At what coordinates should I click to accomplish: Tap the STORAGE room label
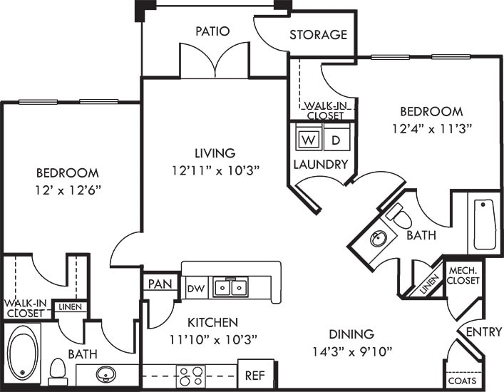(x=318, y=34)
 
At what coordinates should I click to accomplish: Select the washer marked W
(x=309, y=140)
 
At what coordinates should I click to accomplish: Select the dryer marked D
(x=336, y=140)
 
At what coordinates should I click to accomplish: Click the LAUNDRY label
(x=320, y=165)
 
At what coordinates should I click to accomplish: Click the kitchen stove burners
(x=190, y=376)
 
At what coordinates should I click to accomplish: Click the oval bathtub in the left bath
(x=23, y=353)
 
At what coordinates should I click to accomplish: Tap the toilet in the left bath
(x=58, y=370)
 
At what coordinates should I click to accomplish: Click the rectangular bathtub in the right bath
(x=485, y=224)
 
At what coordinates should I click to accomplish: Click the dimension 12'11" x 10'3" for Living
(x=215, y=170)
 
